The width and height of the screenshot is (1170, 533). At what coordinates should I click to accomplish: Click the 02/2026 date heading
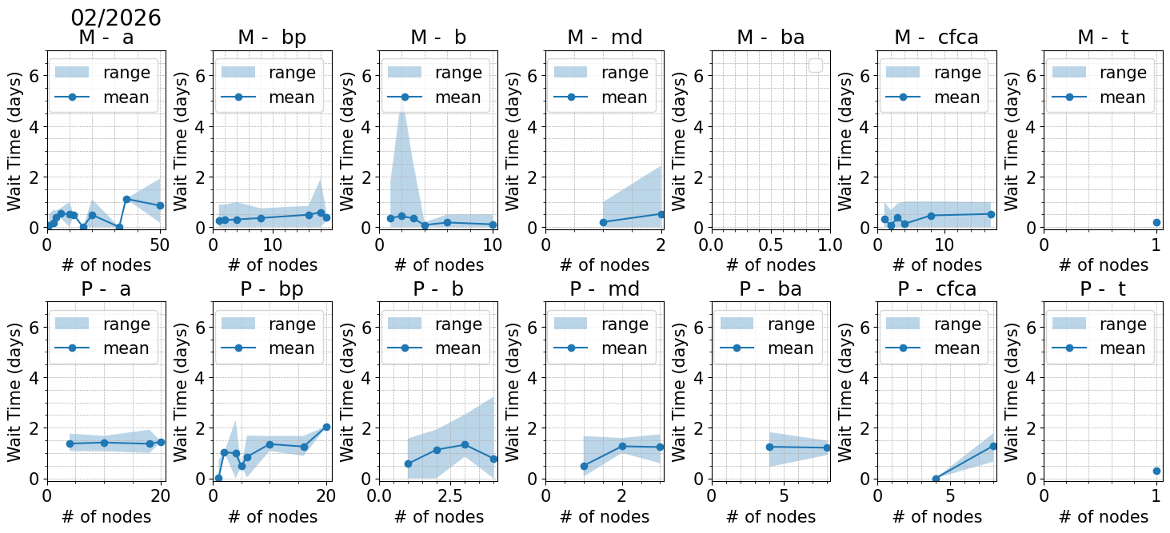116,18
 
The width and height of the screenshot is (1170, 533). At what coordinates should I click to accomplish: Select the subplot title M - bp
272,38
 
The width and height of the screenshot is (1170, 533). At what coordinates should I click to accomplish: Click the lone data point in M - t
1156,222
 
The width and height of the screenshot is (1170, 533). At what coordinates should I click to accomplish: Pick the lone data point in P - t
1156,471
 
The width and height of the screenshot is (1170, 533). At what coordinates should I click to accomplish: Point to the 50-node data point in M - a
160,205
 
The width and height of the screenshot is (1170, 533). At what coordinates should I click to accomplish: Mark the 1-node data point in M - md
603,222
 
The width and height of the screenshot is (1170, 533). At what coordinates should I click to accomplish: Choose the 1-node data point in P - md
584,466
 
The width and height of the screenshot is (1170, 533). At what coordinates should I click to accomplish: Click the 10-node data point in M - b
493,225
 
